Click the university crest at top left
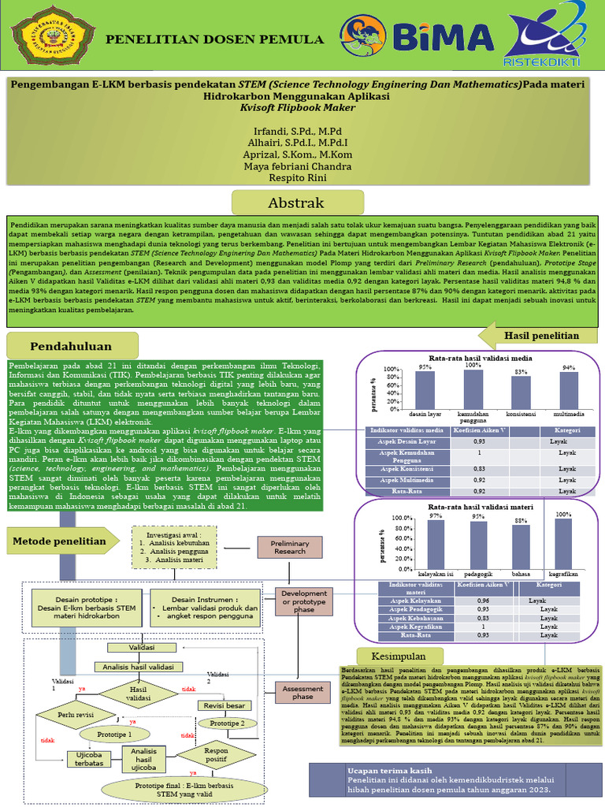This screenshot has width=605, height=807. click(x=50, y=38)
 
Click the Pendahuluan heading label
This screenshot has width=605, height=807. click(x=72, y=345)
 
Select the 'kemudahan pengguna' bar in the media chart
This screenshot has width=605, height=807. click(x=473, y=389)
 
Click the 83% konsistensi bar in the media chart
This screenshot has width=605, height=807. click(x=521, y=392)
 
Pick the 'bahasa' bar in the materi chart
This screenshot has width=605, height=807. click(x=521, y=546)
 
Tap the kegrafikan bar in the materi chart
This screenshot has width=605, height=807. click(x=562, y=542)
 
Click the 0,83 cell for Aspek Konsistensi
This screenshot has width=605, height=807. click(x=480, y=470)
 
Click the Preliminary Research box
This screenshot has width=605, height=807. click(x=289, y=546)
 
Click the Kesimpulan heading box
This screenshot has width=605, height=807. click(x=403, y=656)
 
